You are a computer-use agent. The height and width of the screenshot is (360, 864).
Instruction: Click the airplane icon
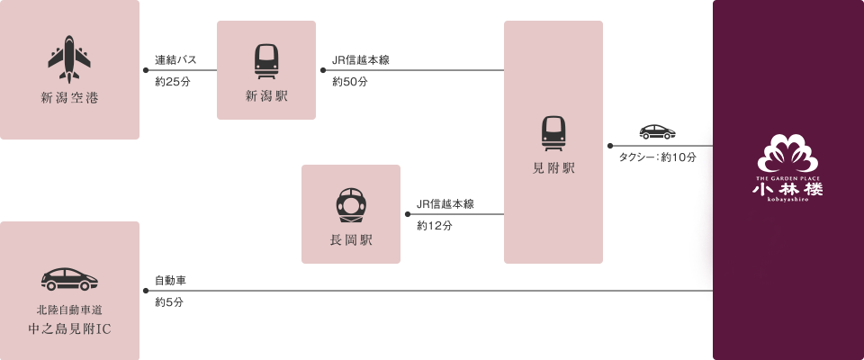(x=69, y=60)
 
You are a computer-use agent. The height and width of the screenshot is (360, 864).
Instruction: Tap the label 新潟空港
(x=69, y=97)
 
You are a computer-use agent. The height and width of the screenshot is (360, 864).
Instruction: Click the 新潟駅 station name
(x=266, y=97)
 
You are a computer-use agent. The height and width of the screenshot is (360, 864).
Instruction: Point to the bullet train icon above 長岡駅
(x=351, y=205)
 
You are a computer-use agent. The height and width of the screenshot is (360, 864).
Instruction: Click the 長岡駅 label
(x=351, y=240)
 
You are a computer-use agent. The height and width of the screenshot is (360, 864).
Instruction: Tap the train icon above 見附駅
(x=553, y=133)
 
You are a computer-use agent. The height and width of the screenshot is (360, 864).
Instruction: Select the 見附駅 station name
(x=553, y=168)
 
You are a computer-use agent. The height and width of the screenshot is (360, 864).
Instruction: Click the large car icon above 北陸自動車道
(x=69, y=279)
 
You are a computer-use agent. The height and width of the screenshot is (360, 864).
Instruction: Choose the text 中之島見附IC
(x=69, y=328)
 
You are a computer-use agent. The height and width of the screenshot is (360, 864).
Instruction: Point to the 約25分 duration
(x=172, y=82)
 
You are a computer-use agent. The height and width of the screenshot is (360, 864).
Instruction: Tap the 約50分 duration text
(x=349, y=82)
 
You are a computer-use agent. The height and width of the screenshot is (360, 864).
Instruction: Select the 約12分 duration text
(x=434, y=226)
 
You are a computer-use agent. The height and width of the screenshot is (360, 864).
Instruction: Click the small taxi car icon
(x=657, y=132)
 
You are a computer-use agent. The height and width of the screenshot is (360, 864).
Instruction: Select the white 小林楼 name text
(x=788, y=190)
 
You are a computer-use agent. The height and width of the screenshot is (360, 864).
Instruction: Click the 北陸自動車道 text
(x=69, y=309)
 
